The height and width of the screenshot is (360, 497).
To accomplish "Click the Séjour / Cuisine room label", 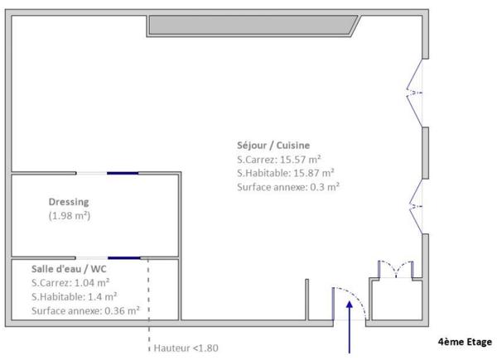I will pyautogui.click(x=273, y=144).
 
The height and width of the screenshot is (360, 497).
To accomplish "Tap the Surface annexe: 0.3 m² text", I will pyautogui.click(x=288, y=187).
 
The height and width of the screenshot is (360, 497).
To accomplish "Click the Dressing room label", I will pyautogui.click(x=69, y=201).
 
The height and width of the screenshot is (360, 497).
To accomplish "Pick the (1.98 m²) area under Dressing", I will pyautogui.click(x=69, y=215).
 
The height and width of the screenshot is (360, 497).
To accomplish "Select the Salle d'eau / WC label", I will pyautogui.click(x=69, y=269).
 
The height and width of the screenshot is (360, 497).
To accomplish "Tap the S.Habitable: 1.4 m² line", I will pyautogui.click(x=74, y=297).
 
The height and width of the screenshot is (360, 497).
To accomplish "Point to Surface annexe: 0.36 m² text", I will pyautogui.click(x=84, y=311).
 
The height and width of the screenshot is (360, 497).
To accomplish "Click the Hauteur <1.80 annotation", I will pyautogui.click(x=186, y=348).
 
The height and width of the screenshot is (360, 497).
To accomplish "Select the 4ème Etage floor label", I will pyautogui.click(x=464, y=340).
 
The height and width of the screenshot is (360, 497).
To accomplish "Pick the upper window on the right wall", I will pyautogui.click(x=415, y=90).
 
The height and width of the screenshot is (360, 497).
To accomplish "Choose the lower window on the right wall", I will pyautogui.click(x=415, y=205).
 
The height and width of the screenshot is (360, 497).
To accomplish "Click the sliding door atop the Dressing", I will pyautogui.click(x=109, y=173).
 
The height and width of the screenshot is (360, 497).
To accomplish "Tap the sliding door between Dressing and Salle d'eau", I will pyautogui.click(x=109, y=257).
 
